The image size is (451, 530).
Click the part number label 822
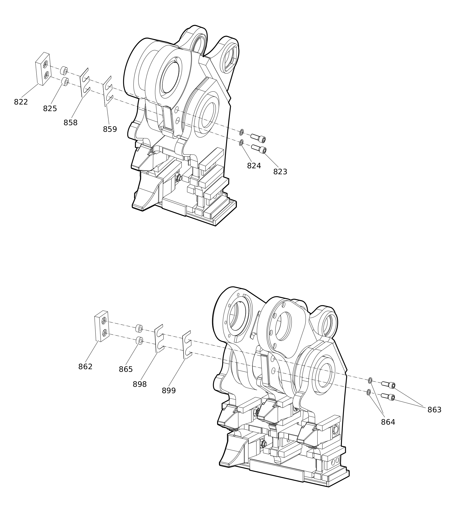coord(21,102)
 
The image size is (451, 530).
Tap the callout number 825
coord(50,109)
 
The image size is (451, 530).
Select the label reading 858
coord(70,123)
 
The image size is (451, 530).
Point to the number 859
coord(110,129)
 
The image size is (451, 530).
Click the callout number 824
coord(254,166)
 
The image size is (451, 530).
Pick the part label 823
coord(280,172)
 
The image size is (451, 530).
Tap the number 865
coord(126,370)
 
